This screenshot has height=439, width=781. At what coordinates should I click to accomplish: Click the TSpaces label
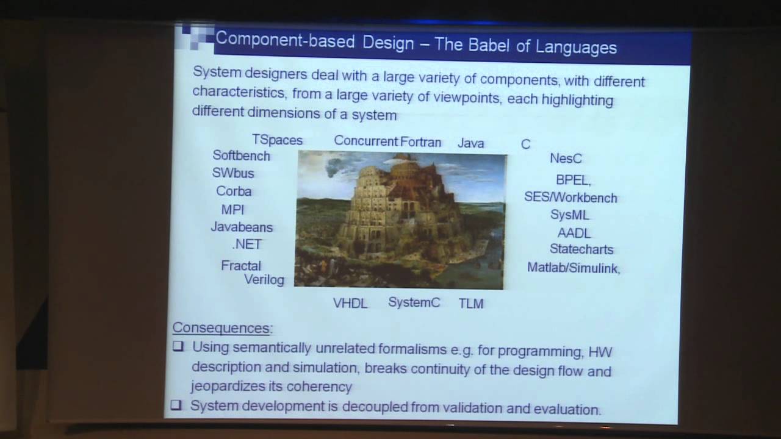tap(277, 140)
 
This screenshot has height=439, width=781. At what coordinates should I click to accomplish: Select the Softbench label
tap(241, 156)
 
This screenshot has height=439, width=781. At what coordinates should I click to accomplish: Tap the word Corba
tap(234, 191)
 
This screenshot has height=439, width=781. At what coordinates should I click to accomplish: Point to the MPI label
tap(232, 210)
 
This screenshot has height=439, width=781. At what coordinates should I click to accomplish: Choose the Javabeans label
tap(242, 227)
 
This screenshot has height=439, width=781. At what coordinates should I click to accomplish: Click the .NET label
tap(247, 244)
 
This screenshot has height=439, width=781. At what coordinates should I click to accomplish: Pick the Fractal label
tap(241, 266)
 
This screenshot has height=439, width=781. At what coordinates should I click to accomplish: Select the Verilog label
tap(264, 280)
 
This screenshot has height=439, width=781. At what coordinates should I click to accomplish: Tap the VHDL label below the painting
tap(350, 303)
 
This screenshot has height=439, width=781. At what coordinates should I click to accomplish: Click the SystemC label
tap(414, 302)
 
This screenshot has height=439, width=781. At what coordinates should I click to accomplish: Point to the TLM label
tap(471, 304)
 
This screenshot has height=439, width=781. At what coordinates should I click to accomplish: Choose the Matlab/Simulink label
tap(573, 268)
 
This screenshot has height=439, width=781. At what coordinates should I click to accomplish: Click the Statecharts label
tap(581, 249)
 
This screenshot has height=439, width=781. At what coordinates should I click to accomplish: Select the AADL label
tap(574, 233)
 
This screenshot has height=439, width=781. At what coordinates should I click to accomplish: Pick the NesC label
tap(566, 159)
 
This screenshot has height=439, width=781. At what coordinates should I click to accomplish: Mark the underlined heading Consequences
tap(221, 328)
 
